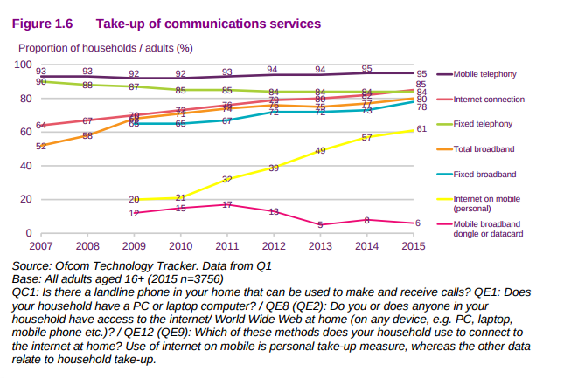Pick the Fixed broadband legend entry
pyautogui.click(x=484, y=175)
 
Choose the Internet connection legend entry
pyautogui.click(x=489, y=100)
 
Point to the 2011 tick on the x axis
pyautogui.click(x=226, y=247)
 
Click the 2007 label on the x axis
pyautogui.click(x=41, y=247)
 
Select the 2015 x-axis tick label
pyautogui.click(x=413, y=247)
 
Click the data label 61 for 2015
pyautogui.click(x=421, y=129)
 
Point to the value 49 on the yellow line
pyautogui.click(x=320, y=151)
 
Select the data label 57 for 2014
pyautogui.click(x=366, y=137)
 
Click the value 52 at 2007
pyautogui.click(x=41, y=146)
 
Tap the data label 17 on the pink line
pyautogui.click(x=226, y=204)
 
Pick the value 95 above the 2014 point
pyautogui.click(x=366, y=68)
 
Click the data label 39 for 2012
pyautogui.click(x=274, y=168)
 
